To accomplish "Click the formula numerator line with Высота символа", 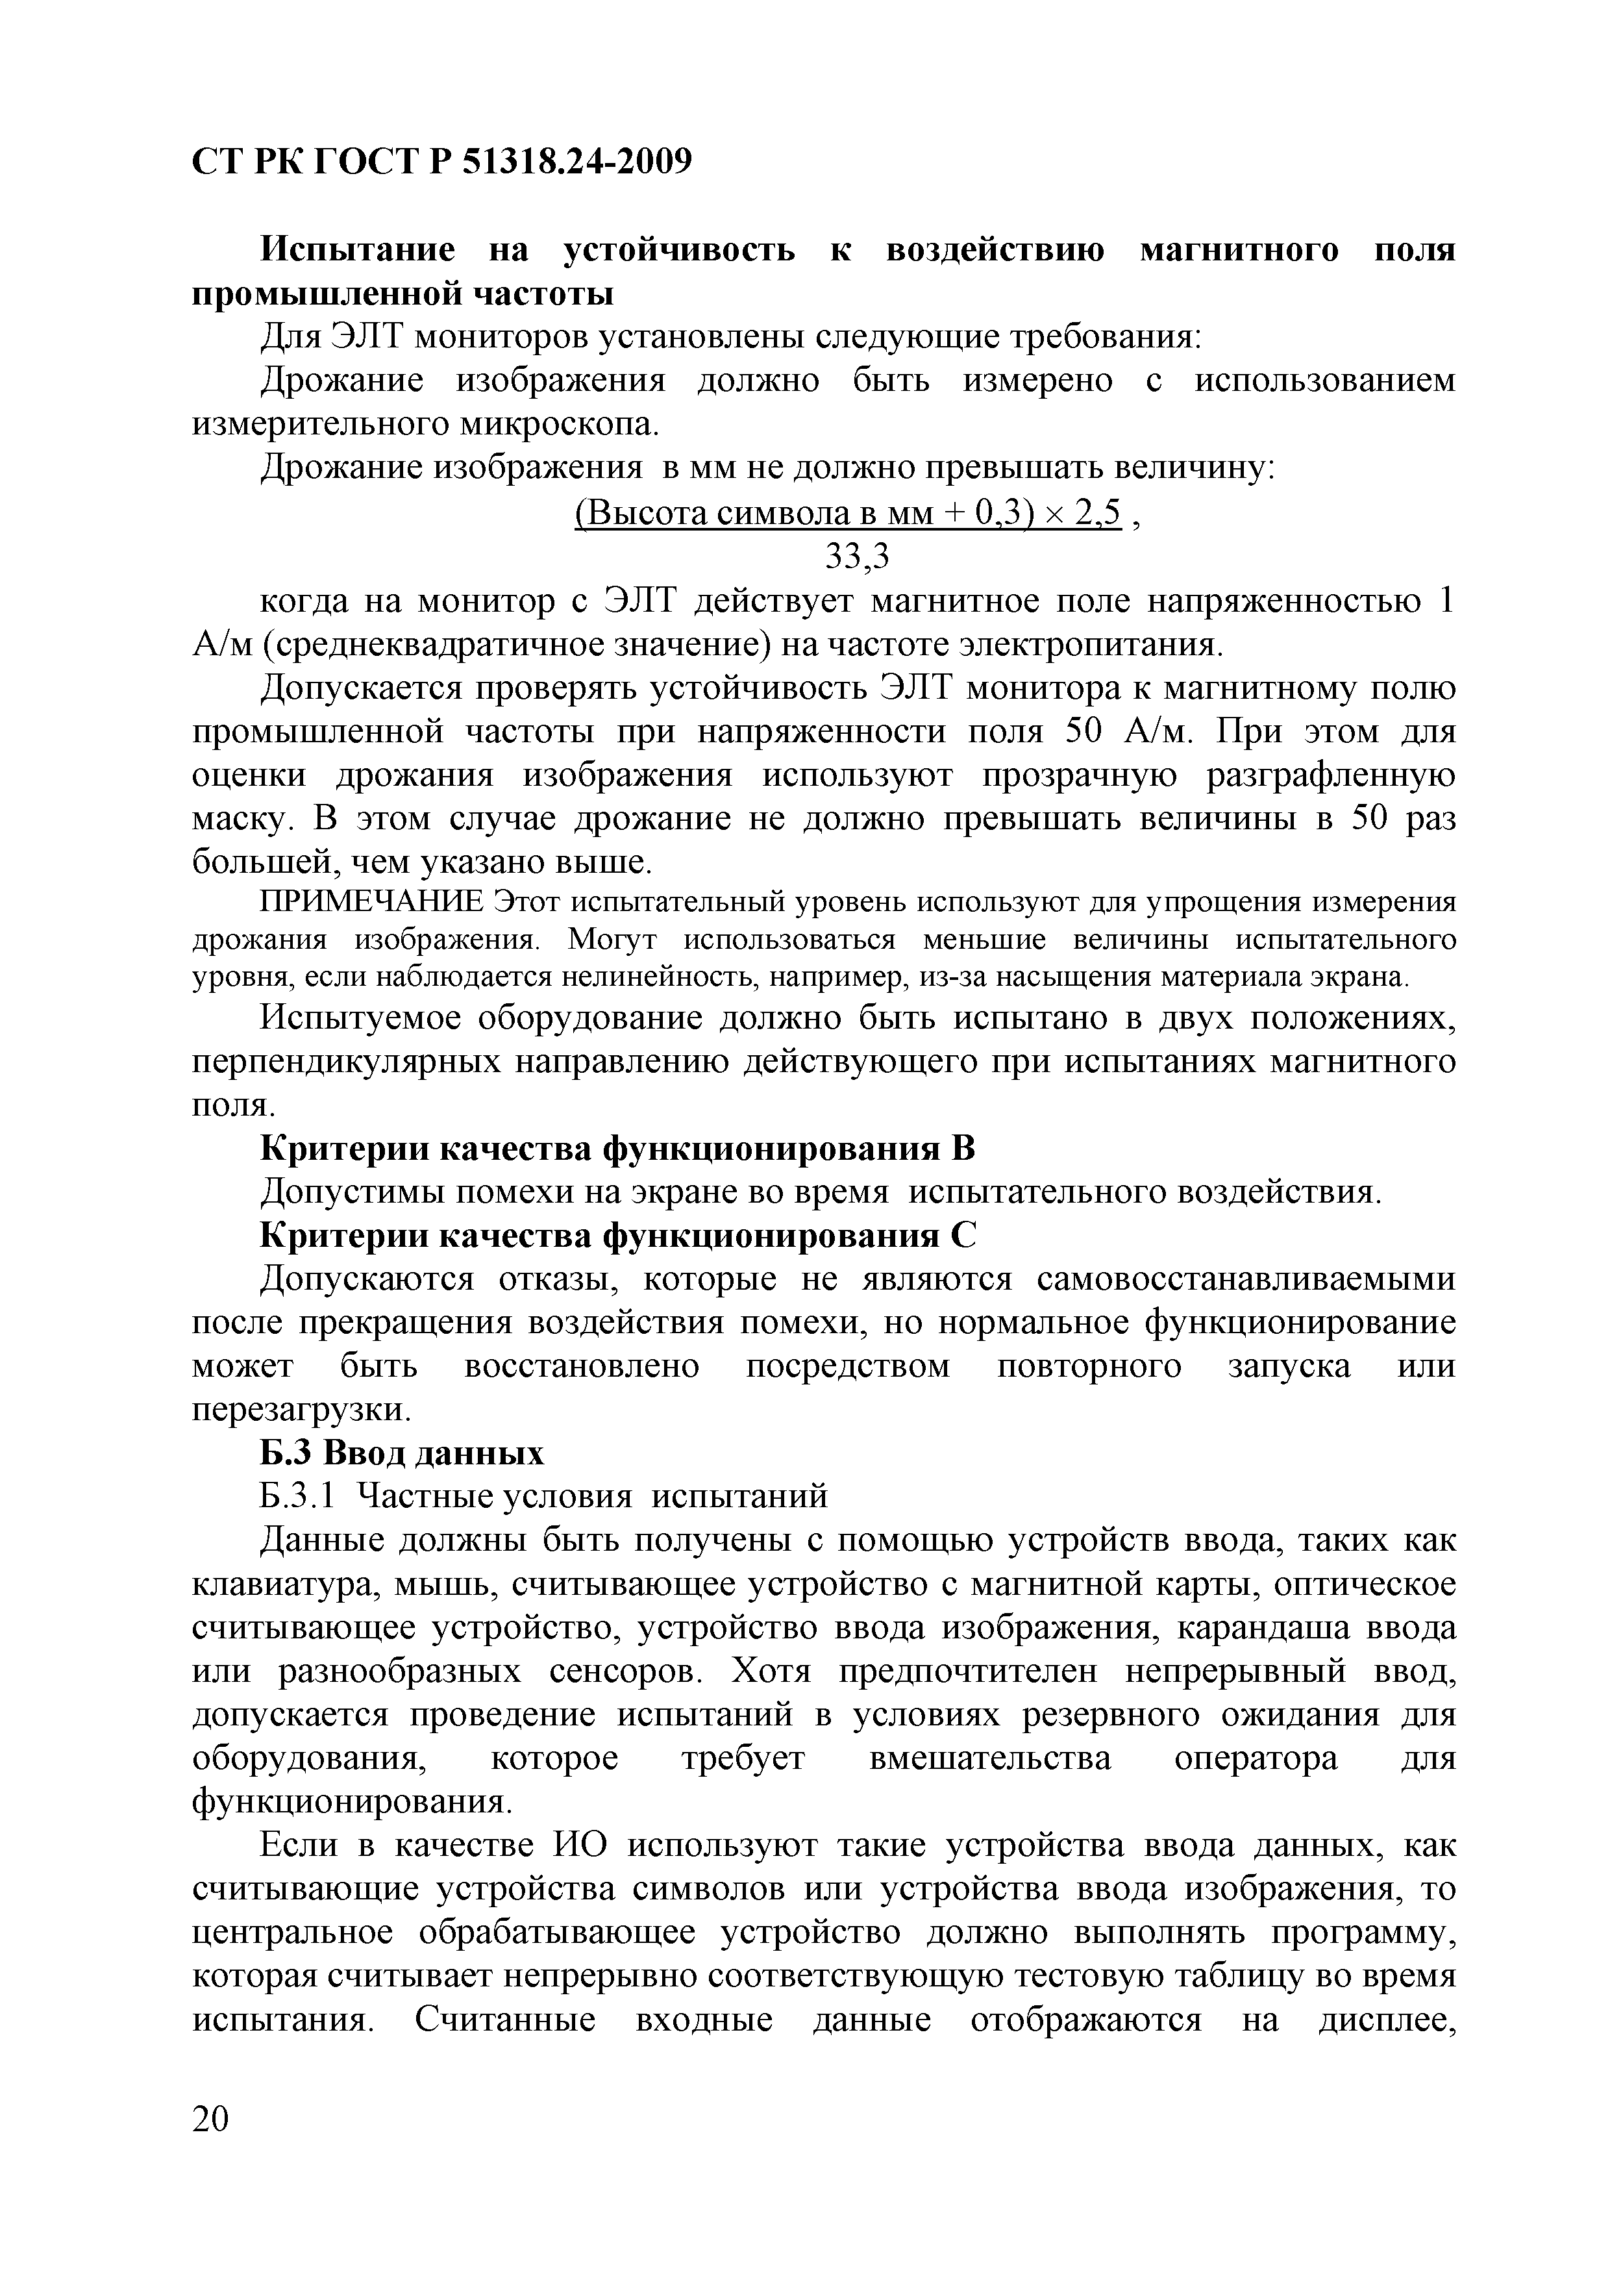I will click(848, 513).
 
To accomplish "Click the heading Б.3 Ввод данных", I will click(402, 1453).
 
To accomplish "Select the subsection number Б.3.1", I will click(299, 1496).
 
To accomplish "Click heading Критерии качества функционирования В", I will click(617, 1148).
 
